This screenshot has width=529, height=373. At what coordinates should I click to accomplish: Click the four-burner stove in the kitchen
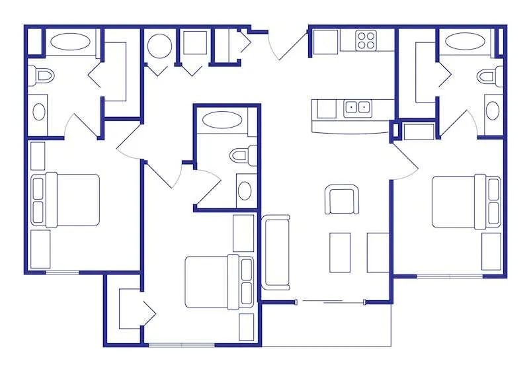click(366, 40)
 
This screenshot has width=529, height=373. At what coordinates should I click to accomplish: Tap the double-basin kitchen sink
click(358, 107)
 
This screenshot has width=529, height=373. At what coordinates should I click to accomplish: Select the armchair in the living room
click(342, 200)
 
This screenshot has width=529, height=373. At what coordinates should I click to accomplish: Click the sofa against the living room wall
click(277, 252)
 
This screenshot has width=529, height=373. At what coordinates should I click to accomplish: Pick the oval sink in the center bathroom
click(243, 190)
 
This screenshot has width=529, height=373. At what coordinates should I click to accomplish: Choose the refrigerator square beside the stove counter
click(325, 42)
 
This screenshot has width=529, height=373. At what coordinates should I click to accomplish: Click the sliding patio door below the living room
click(331, 302)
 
